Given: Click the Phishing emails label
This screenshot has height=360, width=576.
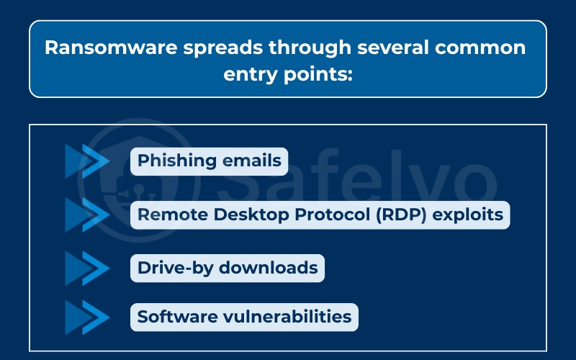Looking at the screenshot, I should pyautogui.click(x=209, y=161).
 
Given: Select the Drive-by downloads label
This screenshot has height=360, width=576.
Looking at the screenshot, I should pyautogui.click(x=228, y=268).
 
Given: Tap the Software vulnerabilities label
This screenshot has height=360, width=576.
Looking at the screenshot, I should pyautogui.click(x=244, y=316).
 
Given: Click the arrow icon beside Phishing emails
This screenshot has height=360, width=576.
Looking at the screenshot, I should pyautogui.click(x=87, y=161).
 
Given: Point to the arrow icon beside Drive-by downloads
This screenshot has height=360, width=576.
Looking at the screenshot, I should pyautogui.click(x=87, y=268).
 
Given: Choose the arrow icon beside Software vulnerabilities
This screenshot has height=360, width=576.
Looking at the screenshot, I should pyautogui.click(x=87, y=316).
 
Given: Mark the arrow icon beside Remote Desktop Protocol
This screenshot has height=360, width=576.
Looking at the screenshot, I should pyautogui.click(x=87, y=214).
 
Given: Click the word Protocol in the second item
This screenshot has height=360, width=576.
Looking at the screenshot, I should pyautogui.click(x=333, y=215).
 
